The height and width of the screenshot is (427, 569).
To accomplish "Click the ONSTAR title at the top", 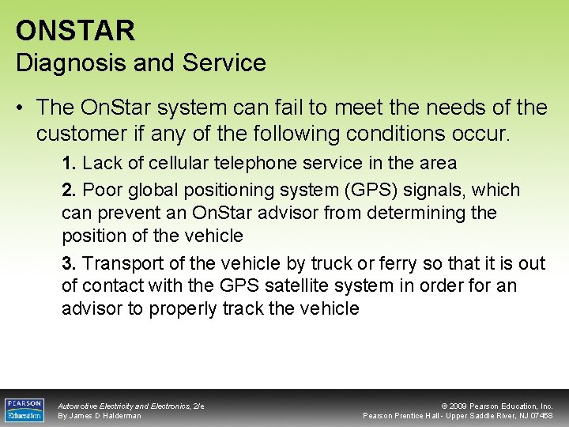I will pos(75,31).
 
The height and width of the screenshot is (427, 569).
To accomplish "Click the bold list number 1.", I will pos(69,164).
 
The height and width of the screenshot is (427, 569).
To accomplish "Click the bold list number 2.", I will pos(69,191).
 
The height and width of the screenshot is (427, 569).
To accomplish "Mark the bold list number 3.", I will pos(69,263).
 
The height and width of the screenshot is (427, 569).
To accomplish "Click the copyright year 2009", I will pos(462,406).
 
